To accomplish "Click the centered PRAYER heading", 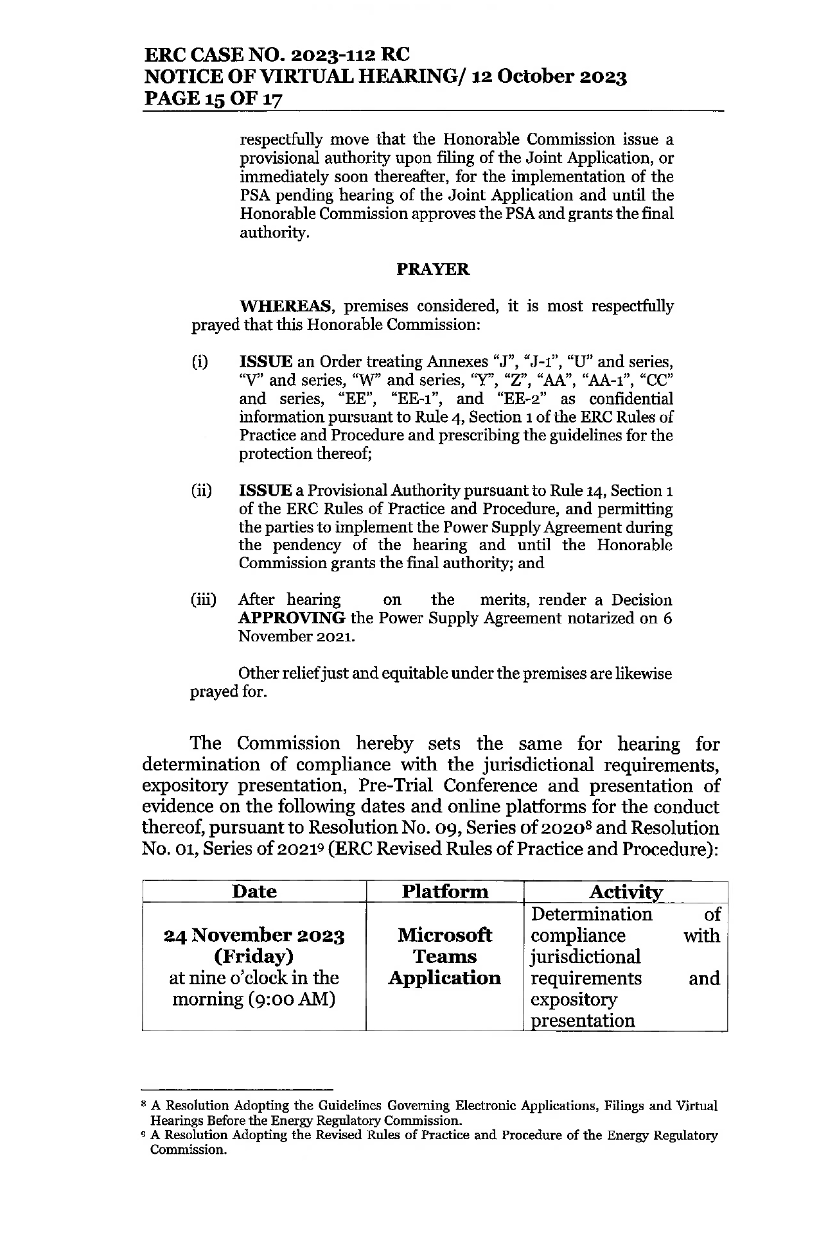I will coord(433,270).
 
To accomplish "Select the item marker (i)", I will coord(199,362).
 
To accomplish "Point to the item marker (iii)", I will coord(203,600).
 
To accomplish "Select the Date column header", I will coord(254,892).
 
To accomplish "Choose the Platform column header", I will coord(445,892).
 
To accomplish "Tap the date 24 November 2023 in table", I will coord(254,935).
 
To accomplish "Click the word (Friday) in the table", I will coord(254,957).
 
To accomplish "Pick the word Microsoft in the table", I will coord(445,935).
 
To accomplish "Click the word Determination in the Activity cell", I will coord(592,914).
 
